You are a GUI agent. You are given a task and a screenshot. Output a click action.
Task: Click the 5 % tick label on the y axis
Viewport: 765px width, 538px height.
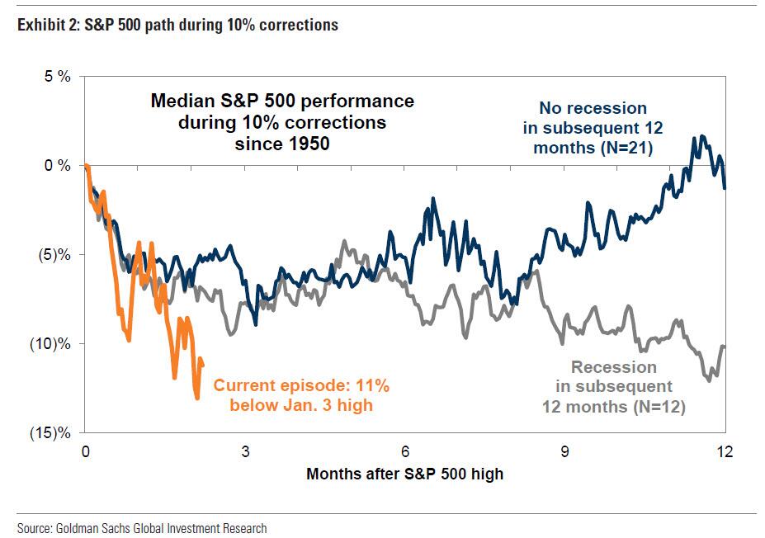[57, 77]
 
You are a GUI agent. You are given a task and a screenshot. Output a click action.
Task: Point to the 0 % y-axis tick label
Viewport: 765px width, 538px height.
[57, 166]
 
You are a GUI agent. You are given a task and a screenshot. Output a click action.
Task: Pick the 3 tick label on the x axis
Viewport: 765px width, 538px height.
[245, 452]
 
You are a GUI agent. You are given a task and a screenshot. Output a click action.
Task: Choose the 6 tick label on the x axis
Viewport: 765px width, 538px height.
[405, 452]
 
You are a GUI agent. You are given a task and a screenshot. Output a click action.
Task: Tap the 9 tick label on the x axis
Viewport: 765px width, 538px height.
[565, 452]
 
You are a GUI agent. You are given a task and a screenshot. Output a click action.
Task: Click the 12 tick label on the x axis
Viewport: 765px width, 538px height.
[725, 452]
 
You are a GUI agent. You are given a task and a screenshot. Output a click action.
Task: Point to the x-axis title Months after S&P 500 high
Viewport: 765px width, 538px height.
[404, 474]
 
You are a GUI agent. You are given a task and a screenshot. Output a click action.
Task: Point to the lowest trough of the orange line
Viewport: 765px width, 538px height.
[197, 399]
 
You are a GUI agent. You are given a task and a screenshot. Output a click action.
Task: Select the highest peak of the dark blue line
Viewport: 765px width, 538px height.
[702, 136]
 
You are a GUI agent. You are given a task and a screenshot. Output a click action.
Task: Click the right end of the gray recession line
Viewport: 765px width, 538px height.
[724, 347]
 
